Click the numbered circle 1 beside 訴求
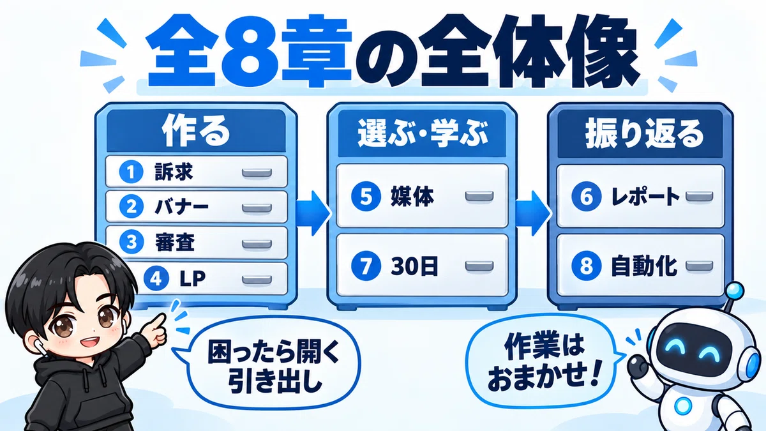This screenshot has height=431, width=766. [131, 172]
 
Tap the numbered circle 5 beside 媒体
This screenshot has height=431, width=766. [366, 197]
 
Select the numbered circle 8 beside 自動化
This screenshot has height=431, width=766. [587, 266]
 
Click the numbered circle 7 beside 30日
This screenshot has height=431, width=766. [366, 266]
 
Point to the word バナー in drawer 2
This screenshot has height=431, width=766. [181, 207]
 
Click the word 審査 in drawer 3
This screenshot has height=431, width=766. [175, 242]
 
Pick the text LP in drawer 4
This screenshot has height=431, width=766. [193, 278]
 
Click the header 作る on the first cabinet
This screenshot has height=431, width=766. [196, 132]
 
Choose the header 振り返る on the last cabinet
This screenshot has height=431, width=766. [645, 133]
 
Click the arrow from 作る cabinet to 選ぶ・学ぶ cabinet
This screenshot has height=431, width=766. [313, 213]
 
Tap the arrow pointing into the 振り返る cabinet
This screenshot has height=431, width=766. [533, 213]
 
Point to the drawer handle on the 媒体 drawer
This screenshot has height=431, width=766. [479, 197]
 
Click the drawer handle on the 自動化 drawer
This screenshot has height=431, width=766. [700, 266]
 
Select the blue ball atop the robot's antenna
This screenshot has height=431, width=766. [734, 292]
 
